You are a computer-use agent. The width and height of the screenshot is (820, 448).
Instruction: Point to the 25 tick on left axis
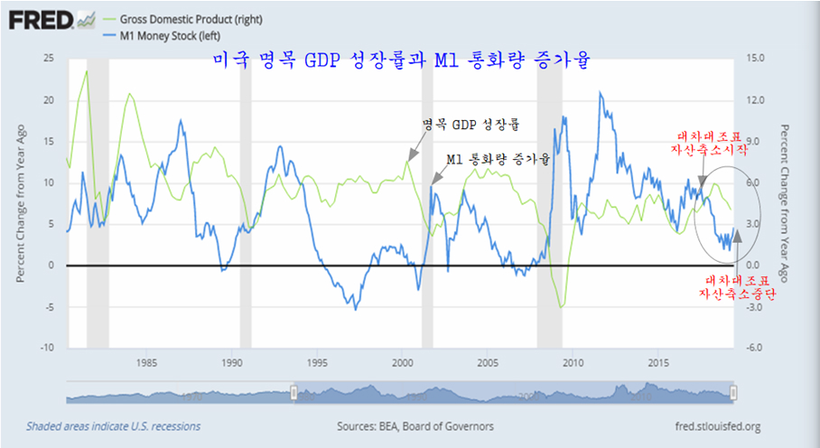click(x=48, y=58)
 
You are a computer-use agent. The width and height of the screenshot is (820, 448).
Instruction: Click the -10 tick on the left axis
click(x=45, y=348)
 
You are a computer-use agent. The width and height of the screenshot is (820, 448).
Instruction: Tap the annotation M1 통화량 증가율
click(x=498, y=159)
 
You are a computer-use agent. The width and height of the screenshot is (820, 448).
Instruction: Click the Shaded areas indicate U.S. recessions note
click(x=114, y=426)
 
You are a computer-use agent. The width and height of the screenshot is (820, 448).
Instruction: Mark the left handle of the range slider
click(x=293, y=393)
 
